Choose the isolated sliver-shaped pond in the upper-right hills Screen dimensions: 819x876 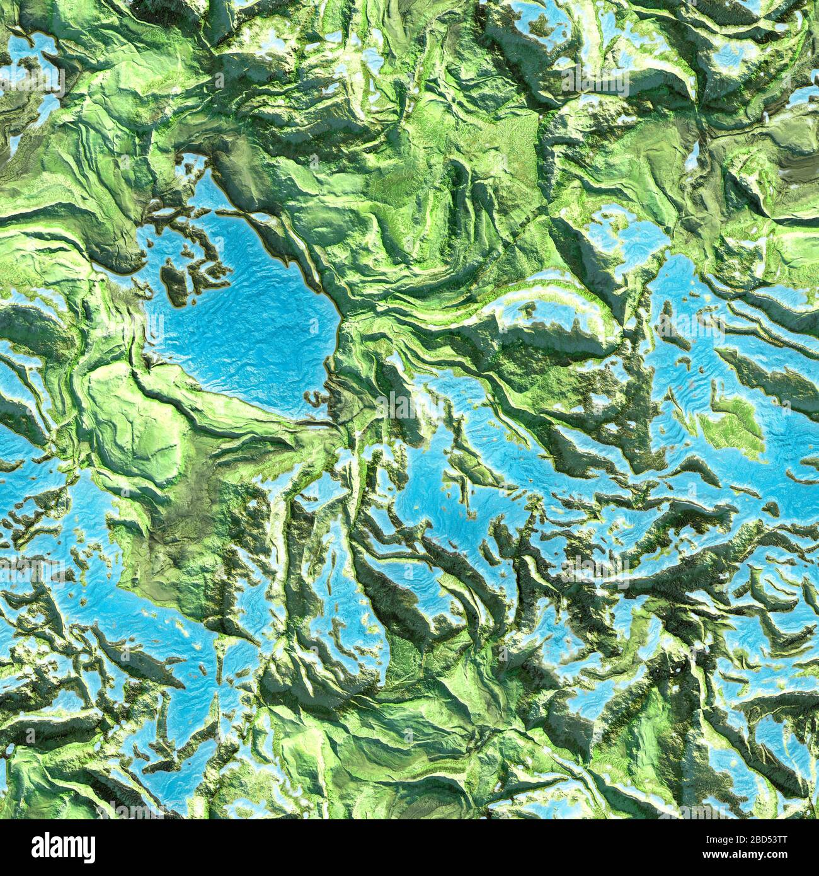click(x=693, y=151)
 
